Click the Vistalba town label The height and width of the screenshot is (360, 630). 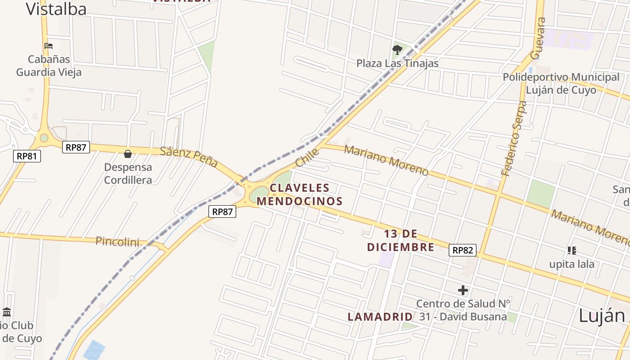56,9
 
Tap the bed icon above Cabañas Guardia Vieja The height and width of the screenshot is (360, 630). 49,46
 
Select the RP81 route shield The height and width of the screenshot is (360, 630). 27,156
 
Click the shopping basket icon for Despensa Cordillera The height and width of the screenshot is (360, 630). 128,154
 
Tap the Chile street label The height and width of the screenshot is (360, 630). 307,157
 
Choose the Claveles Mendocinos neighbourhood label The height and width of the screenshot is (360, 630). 300,194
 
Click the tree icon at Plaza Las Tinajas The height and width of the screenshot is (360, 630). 397,50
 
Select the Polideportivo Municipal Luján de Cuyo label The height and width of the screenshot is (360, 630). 561,83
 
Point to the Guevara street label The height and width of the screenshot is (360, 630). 538,38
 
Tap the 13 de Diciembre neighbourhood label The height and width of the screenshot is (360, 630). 400,240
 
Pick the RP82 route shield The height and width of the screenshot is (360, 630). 462,250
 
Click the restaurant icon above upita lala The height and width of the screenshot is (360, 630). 571,250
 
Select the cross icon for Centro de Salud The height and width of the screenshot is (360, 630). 463,290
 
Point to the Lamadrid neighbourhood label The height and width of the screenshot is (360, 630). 380,317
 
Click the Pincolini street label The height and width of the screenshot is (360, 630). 117,242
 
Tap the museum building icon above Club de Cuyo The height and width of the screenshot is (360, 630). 7,312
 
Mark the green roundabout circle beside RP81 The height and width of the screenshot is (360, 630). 44,138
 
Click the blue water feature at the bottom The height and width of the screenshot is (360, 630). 94,350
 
